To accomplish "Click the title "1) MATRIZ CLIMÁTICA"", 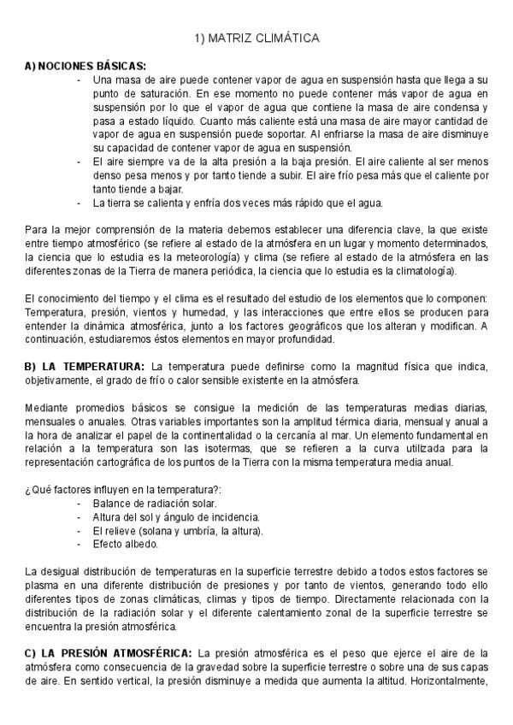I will point(256,38).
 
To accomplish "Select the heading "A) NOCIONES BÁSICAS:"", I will point(85,66).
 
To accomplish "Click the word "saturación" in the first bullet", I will point(144,92).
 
